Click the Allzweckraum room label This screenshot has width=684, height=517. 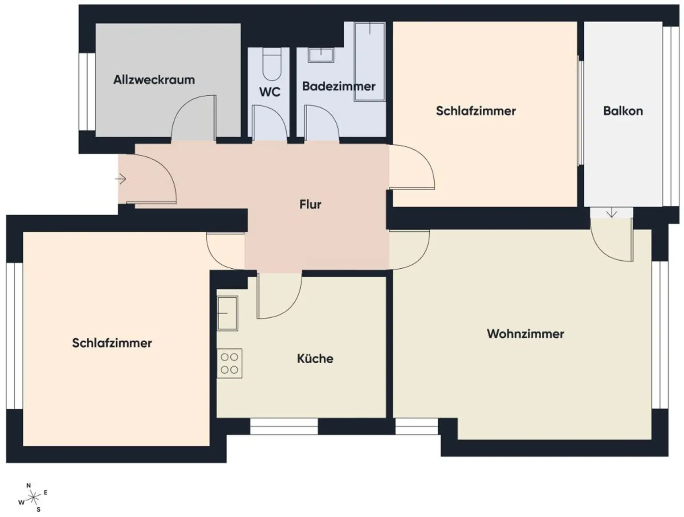[x=154, y=80]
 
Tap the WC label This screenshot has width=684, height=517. [x=270, y=92]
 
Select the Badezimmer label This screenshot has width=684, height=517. [x=338, y=86]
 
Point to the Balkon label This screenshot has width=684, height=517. [x=623, y=111]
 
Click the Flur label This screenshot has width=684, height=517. [x=310, y=204]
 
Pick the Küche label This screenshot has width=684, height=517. [x=315, y=358]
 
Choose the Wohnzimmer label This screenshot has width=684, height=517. [x=525, y=333]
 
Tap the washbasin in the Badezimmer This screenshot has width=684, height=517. [x=321, y=55]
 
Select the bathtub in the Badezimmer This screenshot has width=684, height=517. [x=370, y=62]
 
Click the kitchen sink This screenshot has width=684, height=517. [x=227, y=313]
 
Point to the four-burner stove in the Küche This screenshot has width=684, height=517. [x=229, y=363]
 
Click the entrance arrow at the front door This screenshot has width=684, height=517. [x=121, y=179]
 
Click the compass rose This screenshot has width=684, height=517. [x=33, y=496]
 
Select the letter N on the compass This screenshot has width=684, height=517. [x=29, y=485]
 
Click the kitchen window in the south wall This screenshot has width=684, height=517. [x=284, y=427]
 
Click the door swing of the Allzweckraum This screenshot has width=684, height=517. [x=194, y=118]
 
